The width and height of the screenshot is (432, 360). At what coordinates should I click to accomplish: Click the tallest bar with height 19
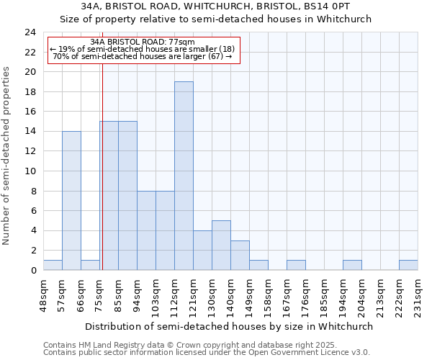tap(184, 176)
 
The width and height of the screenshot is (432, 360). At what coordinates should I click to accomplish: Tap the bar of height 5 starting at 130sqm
tap(221, 245)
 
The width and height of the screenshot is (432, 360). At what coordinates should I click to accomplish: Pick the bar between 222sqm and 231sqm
tap(408, 265)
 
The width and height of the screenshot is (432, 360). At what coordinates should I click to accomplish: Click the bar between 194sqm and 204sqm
tap(352, 265)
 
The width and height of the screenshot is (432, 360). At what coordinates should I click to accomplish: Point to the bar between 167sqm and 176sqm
tap(296, 265)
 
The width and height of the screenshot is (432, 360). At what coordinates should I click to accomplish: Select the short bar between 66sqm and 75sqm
tap(90, 265)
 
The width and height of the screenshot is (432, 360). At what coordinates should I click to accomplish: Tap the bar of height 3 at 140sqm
tap(240, 255)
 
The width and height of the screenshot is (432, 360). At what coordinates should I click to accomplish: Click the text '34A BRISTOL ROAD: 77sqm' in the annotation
tap(143, 42)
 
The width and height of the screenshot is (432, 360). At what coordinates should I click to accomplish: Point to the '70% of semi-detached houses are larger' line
tap(143, 56)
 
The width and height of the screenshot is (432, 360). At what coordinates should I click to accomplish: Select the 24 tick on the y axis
tap(30, 32)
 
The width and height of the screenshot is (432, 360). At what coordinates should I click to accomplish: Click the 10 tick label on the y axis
tap(30, 171)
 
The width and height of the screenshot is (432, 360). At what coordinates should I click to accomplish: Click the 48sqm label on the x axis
tap(43, 293)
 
